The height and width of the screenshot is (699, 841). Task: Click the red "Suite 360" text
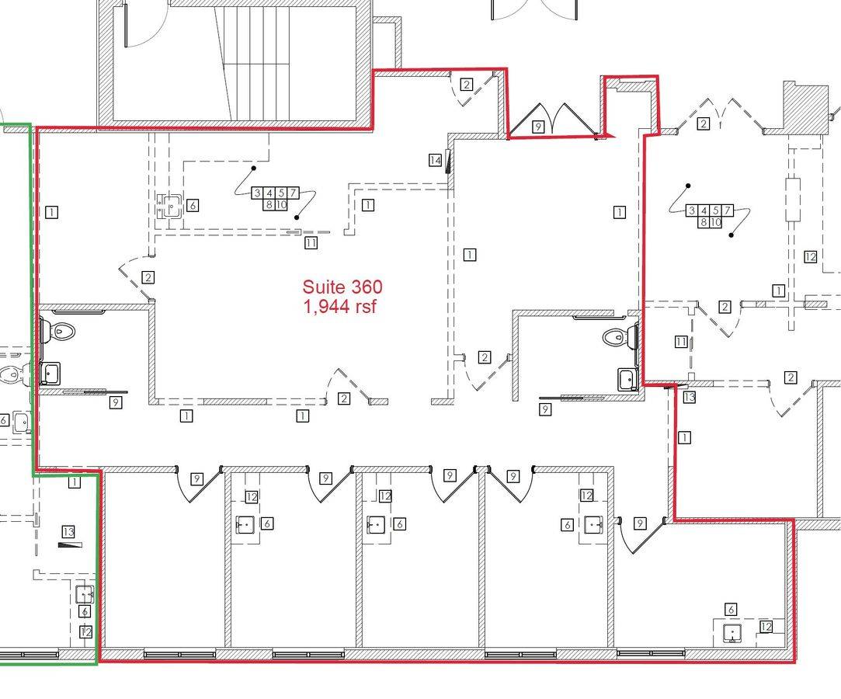coord(342,287)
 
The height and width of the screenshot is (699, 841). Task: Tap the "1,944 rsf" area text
coord(340,307)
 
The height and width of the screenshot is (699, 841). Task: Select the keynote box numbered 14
coord(436,160)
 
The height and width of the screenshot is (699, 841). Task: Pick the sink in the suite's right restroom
coord(627,379)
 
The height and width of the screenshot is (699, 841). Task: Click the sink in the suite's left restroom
coord(50,373)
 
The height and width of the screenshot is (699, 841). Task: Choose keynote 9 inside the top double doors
coord(537,127)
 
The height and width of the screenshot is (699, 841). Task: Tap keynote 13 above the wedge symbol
coord(68,531)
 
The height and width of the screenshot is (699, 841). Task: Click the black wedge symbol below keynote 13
coord(70,545)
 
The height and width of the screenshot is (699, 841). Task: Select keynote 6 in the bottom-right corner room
coord(731,609)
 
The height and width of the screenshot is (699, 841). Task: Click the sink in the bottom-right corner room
coord(732,634)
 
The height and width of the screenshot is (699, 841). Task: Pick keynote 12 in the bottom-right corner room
coord(766,627)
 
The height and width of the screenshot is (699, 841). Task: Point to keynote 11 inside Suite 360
coord(311,242)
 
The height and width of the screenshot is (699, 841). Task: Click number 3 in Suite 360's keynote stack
coord(258,193)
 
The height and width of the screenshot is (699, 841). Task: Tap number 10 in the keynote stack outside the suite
coord(715,221)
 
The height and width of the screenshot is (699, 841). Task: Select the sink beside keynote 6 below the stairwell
coord(172,206)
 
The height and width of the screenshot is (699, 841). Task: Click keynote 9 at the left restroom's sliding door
coord(115,402)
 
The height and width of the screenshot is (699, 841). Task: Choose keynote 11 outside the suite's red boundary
coord(681,341)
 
